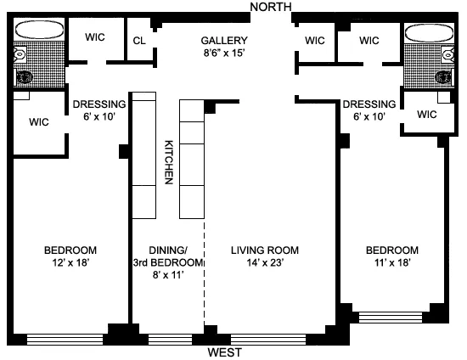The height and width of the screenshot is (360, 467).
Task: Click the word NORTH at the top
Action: click(x=270, y=7)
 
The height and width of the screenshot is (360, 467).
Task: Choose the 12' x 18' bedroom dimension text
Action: click(x=70, y=264)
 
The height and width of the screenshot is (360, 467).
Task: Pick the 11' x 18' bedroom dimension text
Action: click(x=391, y=264)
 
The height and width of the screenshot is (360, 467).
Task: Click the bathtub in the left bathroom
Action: click(x=39, y=31)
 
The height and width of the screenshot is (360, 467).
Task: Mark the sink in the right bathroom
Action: click(x=443, y=77)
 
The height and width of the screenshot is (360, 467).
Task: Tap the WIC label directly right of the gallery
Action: click(x=315, y=41)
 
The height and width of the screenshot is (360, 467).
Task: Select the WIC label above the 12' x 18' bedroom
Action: click(x=38, y=122)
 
